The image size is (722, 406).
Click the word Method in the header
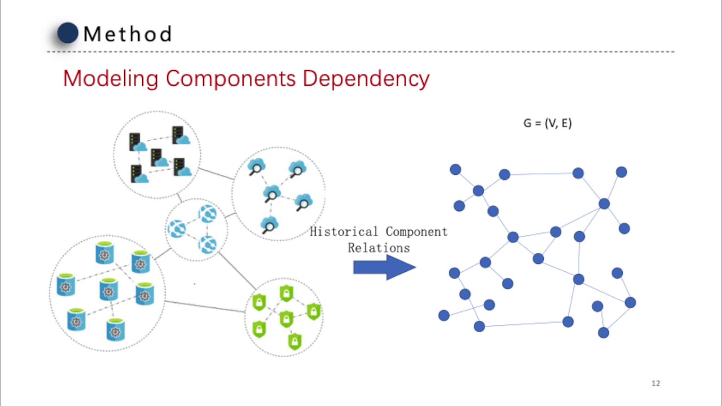[127, 34]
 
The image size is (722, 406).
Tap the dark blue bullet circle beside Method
[68, 33]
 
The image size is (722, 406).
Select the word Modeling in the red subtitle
[111, 78]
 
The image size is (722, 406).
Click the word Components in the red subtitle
[231, 78]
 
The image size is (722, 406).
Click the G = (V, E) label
[547, 123]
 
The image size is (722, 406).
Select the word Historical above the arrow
[344, 232]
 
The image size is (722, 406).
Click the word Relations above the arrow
[378, 248]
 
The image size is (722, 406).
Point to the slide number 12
[655, 383]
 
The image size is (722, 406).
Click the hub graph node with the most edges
[604, 204]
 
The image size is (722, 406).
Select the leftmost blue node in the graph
[444, 316]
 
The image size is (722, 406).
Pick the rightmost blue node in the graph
[630, 303]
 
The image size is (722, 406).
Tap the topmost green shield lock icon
[287, 293]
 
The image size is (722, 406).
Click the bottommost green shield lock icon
[294, 341]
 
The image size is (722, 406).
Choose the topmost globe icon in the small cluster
[207, 214]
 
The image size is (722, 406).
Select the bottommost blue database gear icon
[115, 329]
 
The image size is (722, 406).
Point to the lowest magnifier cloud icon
[269, 225]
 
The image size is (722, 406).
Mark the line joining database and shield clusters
[205, 307]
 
